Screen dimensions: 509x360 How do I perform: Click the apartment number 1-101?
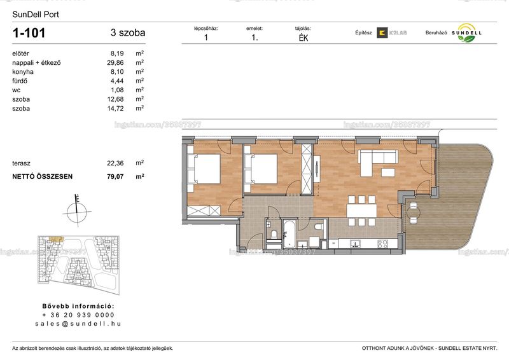(x=29, y=33)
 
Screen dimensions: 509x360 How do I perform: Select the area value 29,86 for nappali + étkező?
(x=115, y=63)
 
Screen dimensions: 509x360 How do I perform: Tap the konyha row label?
(x=23, y=72)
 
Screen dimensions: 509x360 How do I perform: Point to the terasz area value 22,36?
(x=115, y=163)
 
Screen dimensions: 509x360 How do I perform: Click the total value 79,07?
(x=115, y=177)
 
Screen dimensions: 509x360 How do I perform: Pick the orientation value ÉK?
(x=303, y=38)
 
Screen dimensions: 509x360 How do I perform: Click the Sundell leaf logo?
(x=466, y=33)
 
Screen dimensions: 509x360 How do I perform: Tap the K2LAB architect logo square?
(x=382, y=33)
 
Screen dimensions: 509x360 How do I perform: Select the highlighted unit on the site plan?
(x=56, y=239)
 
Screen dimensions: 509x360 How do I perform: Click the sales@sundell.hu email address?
(x=78, y=324)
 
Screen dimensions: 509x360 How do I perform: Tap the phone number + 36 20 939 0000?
(x=78, y=315)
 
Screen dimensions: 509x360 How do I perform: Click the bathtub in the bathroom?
(x=289, y=233)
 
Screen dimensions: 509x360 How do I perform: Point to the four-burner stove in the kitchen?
(x=383, y=244)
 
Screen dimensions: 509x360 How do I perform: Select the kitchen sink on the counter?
(x=356, y=244)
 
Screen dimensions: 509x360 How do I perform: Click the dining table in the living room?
(x=361, y=211)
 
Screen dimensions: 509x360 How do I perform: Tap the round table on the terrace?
(x=413, y=213)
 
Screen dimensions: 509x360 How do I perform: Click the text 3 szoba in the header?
(x=128, y=33)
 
